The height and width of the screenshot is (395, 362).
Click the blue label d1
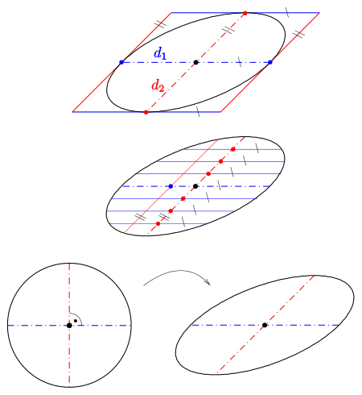click(160, 52)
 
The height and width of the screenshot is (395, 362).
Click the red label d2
click(158, 85)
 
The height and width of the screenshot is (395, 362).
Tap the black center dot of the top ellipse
click(196, 62)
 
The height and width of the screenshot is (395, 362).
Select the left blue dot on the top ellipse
click(121, 62)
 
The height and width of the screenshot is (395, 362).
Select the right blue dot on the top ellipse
click(270, 62)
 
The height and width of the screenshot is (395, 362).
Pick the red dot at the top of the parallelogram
click(245, 13)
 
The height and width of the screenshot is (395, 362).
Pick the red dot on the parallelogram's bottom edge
click(146, 112)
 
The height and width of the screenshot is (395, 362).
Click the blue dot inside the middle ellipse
click(171, 186)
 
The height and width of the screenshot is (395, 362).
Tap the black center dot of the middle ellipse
click(195, 186)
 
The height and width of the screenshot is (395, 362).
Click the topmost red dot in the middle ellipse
click(233, 149)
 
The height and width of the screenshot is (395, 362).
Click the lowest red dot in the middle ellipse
click(158, 223)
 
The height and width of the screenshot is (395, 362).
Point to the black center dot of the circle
click(69, 326)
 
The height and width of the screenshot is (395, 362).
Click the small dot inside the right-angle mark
click(76, 321)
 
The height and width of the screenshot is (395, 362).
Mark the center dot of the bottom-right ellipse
click(265, 325)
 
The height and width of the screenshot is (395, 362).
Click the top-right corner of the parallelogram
click(319, 13)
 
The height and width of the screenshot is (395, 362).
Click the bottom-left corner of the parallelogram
click(72, 112)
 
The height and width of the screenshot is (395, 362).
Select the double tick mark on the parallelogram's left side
click(160, 24)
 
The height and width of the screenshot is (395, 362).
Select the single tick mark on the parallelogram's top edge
click(287, 12)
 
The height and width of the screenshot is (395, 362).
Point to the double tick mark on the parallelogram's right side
click(298, 34)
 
